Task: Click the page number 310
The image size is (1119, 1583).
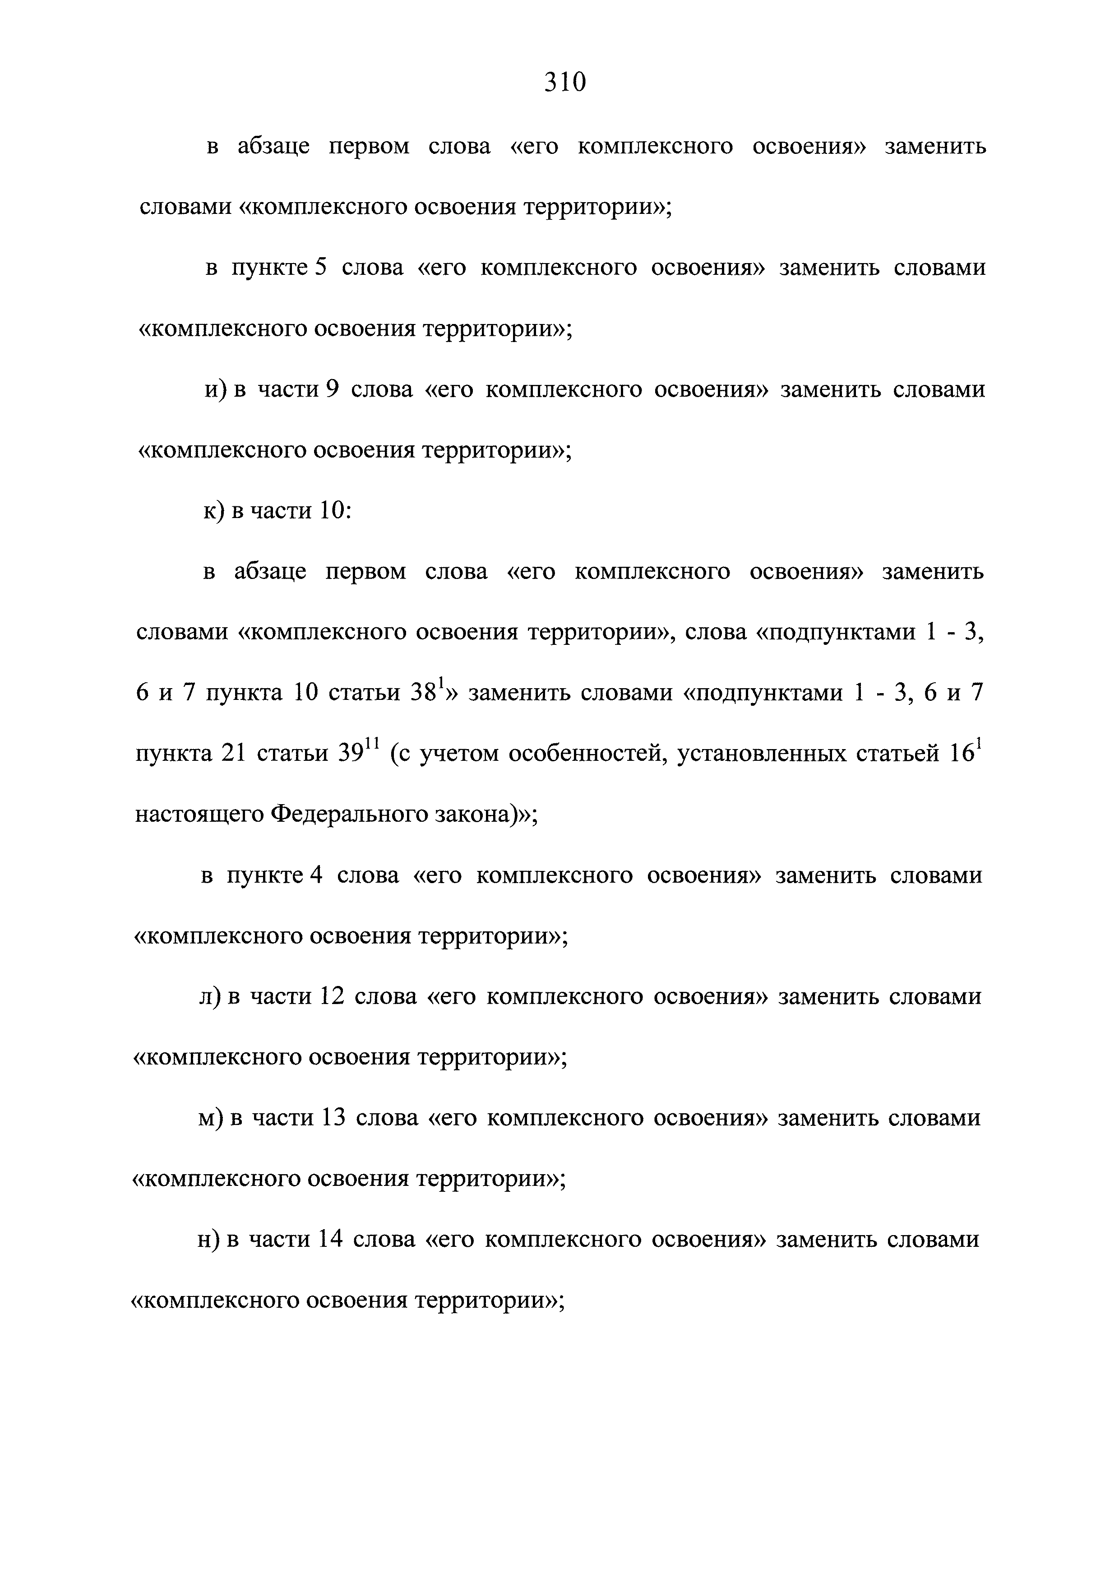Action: coord(564,83)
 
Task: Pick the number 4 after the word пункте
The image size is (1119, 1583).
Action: coord(316,875)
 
